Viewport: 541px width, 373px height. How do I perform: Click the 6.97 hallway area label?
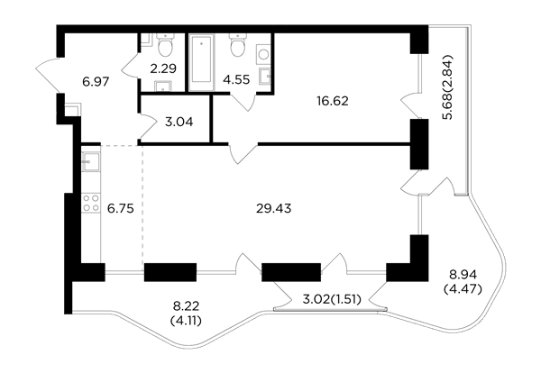(96, 82)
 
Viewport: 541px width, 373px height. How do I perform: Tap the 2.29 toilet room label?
(163, 68)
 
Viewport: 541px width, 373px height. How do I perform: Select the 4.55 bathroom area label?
(236, 79)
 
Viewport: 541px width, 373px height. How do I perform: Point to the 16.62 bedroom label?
(332, 101)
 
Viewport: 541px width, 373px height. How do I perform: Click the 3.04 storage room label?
(179, 122)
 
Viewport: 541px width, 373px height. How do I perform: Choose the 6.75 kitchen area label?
(120, 208)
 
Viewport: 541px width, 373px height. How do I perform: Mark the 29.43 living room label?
(273, 208)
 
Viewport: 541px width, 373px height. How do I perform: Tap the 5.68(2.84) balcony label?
(448, 86)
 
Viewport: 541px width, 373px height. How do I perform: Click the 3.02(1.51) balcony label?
(332, 300)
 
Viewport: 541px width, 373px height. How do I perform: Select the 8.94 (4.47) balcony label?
(463, 282)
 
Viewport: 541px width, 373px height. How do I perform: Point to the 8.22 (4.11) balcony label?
(187, 313)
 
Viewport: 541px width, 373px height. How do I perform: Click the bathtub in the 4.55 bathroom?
(201, 62)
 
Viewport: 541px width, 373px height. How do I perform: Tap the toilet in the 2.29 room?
(166, 45)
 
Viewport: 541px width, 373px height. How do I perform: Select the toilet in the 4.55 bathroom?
(238, 45)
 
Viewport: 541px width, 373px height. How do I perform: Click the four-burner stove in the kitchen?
(91, 203)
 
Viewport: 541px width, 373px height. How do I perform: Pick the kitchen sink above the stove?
(91, 161)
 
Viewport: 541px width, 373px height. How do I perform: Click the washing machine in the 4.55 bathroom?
(263, 54)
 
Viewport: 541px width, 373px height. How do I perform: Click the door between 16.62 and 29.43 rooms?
(243, 153)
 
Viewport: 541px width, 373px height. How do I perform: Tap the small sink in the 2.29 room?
(163, 86)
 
